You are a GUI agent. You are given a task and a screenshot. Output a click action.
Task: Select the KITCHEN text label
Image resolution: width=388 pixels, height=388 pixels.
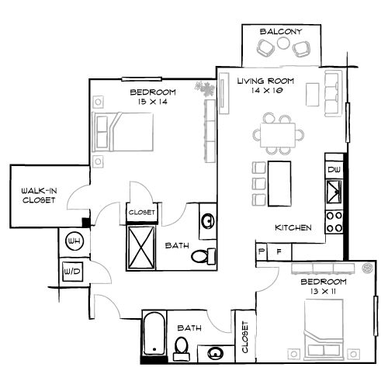[x=293, y=228]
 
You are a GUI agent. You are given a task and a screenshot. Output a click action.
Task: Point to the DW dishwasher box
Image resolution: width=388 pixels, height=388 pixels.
[x=334, y=169]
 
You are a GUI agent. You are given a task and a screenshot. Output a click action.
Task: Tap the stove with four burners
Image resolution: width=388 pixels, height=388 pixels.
[x=335, y=220]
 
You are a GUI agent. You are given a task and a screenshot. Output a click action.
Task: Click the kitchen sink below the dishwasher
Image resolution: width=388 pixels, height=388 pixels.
[x=335, y=191]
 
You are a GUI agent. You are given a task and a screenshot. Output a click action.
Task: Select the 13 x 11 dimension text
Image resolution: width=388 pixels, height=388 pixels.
[x=322, y=291]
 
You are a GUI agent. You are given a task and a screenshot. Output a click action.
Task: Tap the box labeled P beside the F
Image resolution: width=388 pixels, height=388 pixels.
[x=262, y=251]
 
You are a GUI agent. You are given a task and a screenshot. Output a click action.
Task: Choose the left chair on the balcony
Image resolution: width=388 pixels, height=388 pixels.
[x=266, y=48]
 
